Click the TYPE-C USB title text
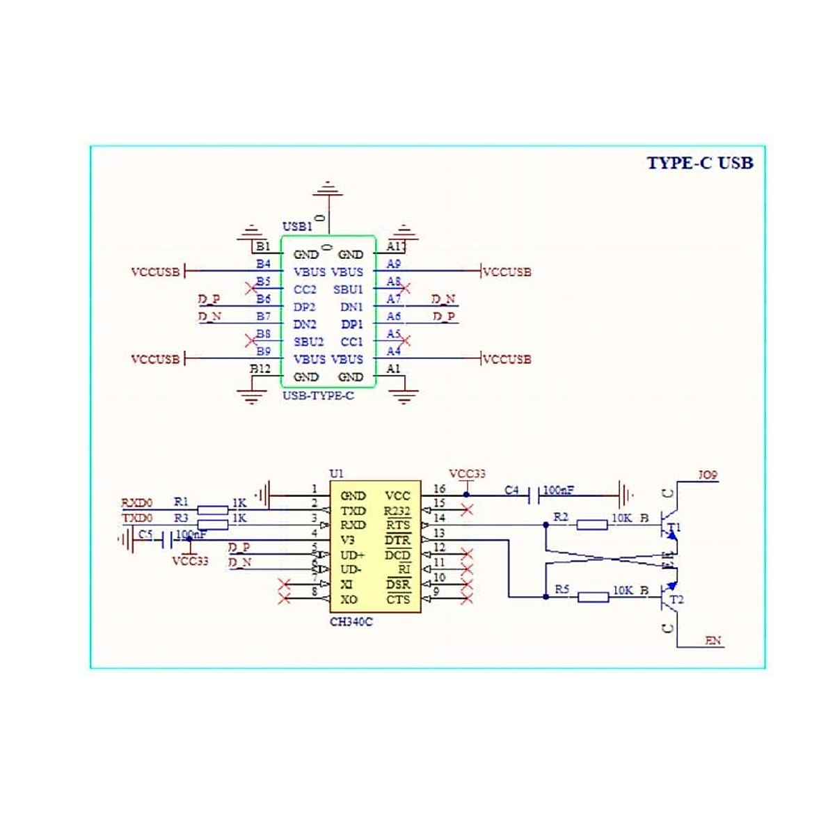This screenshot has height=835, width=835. click(x=699, y=163)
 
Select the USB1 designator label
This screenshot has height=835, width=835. click(x=297, y=227)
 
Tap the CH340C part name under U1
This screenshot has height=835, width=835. click(x=351, y=621)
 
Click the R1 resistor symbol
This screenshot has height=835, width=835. click(x=213, y=510)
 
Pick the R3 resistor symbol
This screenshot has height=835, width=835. click(x=213, y=525)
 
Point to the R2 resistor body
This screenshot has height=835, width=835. click(x=591, y=525)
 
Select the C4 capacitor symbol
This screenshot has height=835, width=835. click(x=535, y=495)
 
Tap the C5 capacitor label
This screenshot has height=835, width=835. click(x=145, y=534)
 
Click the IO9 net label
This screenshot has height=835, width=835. click(x=708, y=475)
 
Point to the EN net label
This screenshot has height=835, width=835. click(x=713, y=640)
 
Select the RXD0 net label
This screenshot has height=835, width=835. click(x=137, y=502)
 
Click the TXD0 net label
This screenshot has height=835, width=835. click(x=137, y=518)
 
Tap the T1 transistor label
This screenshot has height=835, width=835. click(x=674, y=528)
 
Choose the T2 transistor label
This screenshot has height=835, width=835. click(x=676, y=599)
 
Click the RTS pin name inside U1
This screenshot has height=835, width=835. click(x=398, y=525)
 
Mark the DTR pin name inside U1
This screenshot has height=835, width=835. click(x=398, y=540)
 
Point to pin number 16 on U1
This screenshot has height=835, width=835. click(x=439, y=489)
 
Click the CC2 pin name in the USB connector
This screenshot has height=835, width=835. click(x=305, y=289)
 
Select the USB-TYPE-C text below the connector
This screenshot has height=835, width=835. click(x=318, y=396)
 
